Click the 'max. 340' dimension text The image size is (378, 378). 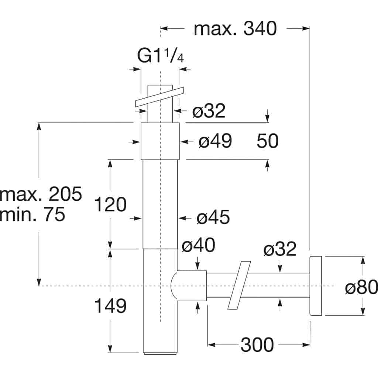click(x=235, y=28)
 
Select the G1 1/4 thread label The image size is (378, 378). click(x=160, y=56)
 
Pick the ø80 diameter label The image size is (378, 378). click(x=361, y=287)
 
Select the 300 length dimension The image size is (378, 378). click(x=257, y=345)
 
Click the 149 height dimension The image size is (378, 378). click(x=110, y=306)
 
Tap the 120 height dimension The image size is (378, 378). click(x=110, y=204)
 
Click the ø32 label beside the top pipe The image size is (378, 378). click(x=209, y=111)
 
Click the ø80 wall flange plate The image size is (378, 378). click(x=316, y=286)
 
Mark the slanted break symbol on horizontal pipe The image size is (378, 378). click(x=239, y=285)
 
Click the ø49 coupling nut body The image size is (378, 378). click(x=160, y=141)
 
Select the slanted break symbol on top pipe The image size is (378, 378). click(x=159, y=97)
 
